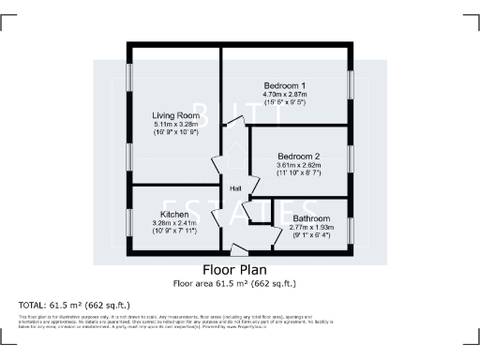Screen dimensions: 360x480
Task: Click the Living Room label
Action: pos(175,116)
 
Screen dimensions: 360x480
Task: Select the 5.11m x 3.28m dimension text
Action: pos(175,125)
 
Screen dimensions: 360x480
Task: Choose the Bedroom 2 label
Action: pos(298,157)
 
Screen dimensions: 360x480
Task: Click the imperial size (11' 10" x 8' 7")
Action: pos(298,173)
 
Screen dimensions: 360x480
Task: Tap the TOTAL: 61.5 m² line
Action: pos(74,306)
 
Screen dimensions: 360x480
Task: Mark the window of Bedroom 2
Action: pos(352,159)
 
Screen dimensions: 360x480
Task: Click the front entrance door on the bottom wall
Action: pos(240,250)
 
